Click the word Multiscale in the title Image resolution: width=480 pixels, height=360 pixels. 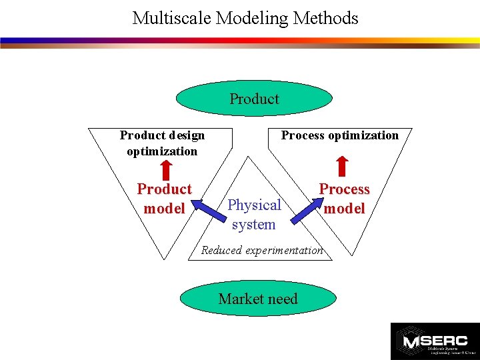167,18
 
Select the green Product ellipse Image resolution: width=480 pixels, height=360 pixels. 254,99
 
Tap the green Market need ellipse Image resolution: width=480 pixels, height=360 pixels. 257,299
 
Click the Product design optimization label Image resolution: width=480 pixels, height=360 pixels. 162,143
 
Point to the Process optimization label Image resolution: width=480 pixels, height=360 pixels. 339,135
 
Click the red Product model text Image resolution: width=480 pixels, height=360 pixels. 164,199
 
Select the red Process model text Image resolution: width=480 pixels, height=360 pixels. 344,199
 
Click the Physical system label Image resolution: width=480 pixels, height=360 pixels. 254,214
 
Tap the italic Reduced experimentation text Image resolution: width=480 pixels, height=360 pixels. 262,251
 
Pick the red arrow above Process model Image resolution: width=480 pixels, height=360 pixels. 342,166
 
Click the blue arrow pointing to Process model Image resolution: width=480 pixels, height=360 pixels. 302,207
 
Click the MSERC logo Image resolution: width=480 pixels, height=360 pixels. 434,341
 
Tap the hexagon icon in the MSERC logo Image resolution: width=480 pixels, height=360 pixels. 407,340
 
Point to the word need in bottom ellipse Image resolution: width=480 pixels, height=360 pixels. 283,299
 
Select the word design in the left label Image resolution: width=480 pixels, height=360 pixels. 181,135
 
